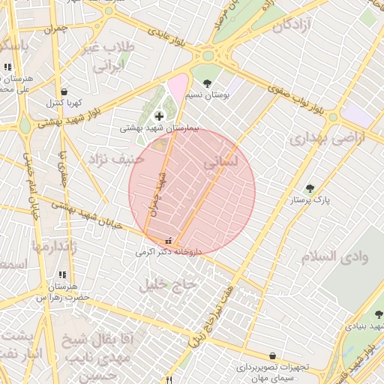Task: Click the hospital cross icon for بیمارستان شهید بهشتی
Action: point(159,116)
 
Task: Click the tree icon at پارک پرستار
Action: point(310,188)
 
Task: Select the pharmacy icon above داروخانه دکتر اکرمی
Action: point(167,241)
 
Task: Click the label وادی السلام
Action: point(335,256)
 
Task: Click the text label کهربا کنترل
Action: point(64,103)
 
